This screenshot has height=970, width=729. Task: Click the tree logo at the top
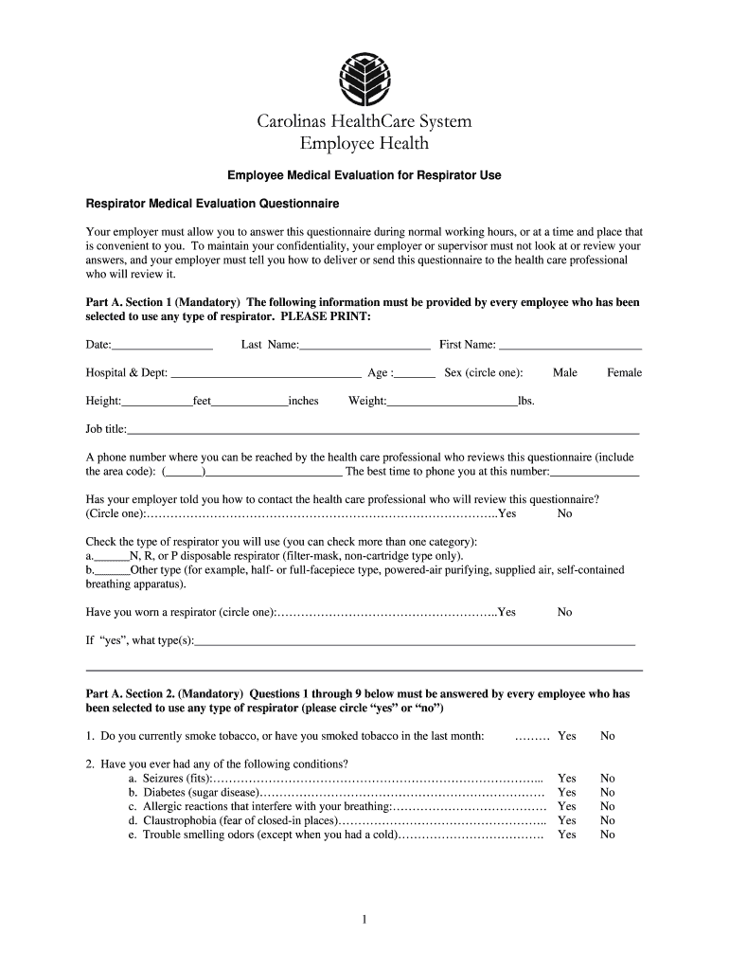pyautogui.click(x=364, y=77)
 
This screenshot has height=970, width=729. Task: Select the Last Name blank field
pyautogui.click(x=364, y=345)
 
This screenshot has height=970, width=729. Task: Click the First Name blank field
pyautogui.click(x=570, y=345)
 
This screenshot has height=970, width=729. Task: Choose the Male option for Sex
pyautogui.click(x=565, y=373)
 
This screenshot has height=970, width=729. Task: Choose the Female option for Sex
pyautogui.click(x=624, y=373)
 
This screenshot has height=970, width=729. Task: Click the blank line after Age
pyautogui.click(x=415, y=373)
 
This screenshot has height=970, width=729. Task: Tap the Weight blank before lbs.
pyautogui.click(x=452, y=402)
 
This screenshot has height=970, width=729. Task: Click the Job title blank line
pyautogui.click(x=383, y=430)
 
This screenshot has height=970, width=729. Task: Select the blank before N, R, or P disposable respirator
pyautogui.click(x=110, y=557)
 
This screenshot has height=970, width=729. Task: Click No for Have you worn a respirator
pyautogui.click(x=564, y=613)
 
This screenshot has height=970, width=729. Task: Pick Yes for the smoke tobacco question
pyautogui.click(x=566, y=736)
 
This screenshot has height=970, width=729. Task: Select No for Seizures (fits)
pyautogui.click(x=607, y=779)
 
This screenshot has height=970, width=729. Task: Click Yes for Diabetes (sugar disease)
pyautogui.click(x=566, y=793)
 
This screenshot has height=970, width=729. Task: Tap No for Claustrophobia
pyautogui.click(x=607, y=820)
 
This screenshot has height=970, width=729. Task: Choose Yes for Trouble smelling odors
pyautogui.click(x=566, y=835)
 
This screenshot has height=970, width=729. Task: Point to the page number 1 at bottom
pyautogui.click(x=364, y=919)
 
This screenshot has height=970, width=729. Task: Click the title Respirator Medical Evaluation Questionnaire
pyautogui.click(x=212, y=204)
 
